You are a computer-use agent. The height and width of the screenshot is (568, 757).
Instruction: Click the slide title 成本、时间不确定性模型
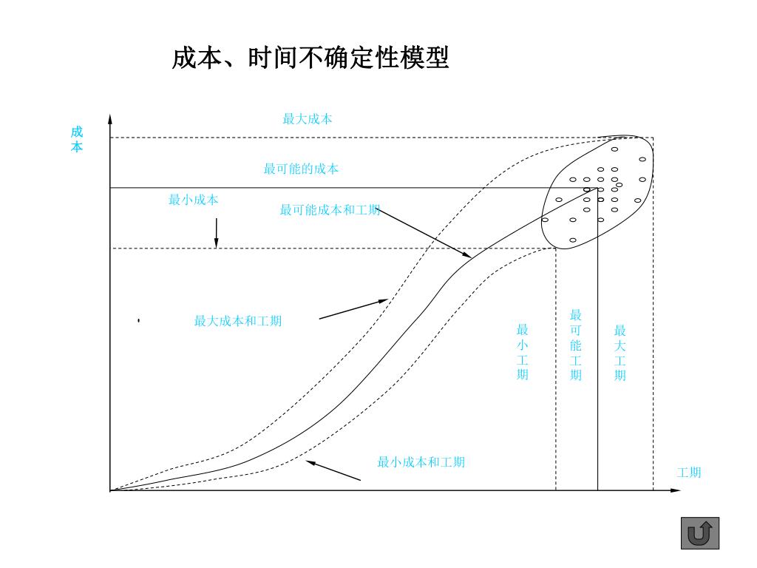point(310,58)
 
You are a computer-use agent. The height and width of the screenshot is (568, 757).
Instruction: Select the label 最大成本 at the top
point(308,119)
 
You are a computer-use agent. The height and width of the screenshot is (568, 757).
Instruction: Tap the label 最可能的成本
point(301,169)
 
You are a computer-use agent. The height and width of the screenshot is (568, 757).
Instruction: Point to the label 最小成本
point(194,200)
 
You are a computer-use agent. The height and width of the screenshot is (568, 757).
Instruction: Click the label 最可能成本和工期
point(330,210)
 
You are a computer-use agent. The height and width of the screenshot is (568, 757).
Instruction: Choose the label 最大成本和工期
point(238,321)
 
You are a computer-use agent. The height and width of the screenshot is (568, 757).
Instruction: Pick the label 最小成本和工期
point(421,462)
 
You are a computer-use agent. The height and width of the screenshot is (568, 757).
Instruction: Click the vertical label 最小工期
point(523,352)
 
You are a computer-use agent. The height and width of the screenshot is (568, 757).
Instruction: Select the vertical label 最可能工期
point(576,345)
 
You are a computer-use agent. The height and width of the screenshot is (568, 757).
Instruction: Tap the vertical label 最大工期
point(620,352)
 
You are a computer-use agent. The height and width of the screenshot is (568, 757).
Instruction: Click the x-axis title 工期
point(689,473)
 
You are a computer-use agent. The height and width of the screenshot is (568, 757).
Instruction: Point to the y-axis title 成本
point(77,139)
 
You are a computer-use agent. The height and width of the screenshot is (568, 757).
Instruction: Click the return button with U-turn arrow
point(699,532)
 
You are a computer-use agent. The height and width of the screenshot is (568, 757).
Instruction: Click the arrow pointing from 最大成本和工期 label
point(353,309)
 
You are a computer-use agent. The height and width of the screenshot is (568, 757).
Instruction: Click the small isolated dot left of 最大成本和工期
point(138,321)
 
